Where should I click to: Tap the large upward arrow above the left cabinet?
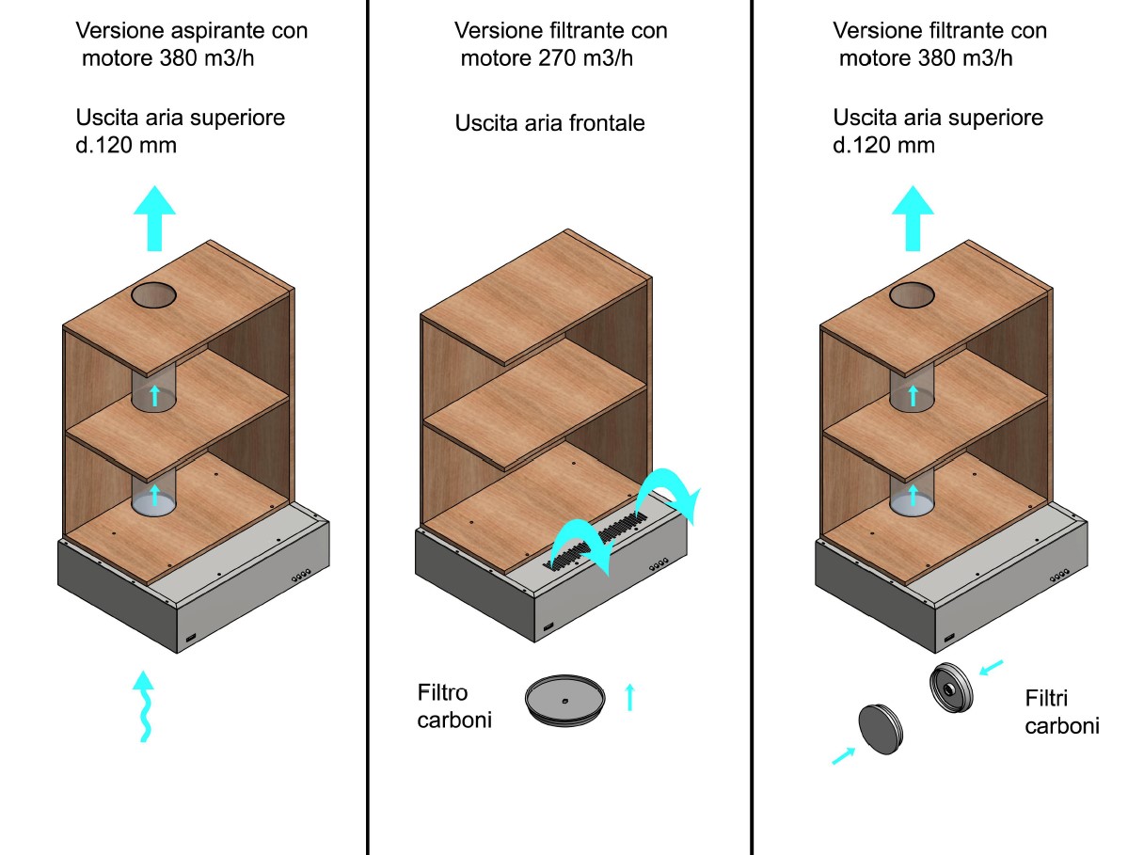pos(153,218)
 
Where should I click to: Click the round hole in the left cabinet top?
pos(154,296)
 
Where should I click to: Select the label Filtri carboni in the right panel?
pos(1061,712)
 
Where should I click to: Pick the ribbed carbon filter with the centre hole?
pos(952,689)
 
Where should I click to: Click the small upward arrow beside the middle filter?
pos(630,697)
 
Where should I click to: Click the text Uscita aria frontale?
pos(550,123)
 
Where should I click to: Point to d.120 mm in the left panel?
pos(126,146)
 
